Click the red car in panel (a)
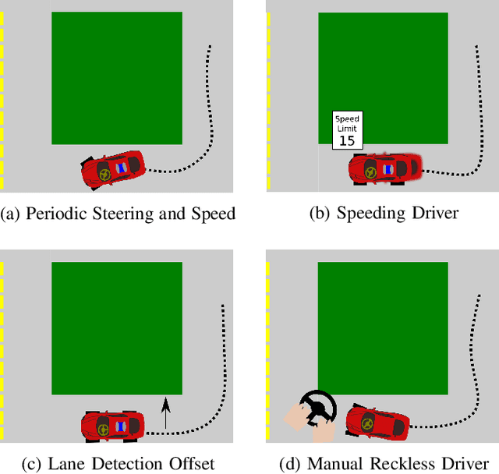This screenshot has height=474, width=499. point(114,168)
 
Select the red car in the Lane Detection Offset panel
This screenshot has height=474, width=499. point(113,425)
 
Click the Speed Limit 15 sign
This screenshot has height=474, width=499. point(347,130)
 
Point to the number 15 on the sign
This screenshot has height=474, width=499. point(347,140)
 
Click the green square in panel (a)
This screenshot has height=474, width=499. point(117,78)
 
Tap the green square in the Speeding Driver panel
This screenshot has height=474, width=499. point(383,78)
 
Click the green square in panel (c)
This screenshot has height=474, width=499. point(117,328)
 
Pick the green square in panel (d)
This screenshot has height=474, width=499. point(383,328)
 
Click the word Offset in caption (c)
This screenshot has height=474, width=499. point(188,464)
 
